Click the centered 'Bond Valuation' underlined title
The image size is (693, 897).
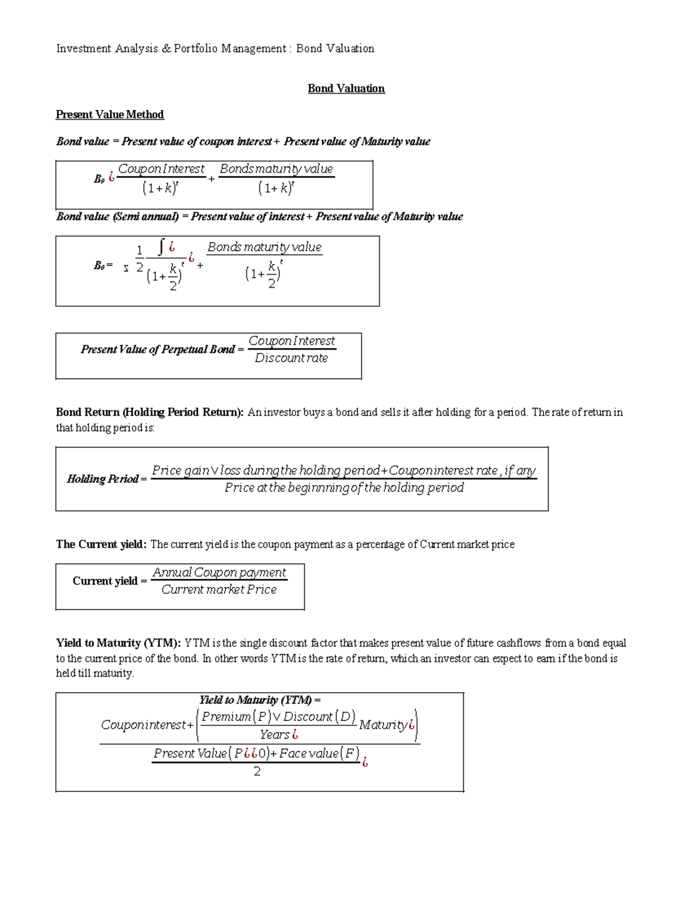pos(346,88)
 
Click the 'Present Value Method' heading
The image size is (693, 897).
pos(110,114)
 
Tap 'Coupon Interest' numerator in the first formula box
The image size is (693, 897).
pos(161,169)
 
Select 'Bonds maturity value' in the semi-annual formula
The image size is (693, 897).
pos(264,247)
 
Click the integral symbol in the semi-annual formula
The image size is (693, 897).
pos(162,247)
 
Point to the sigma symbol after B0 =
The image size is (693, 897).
pos(126,269)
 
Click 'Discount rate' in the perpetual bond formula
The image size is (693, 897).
pos(291,358)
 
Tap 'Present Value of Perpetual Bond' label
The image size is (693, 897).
pos(158,349)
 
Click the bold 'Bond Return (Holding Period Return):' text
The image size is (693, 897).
pos(150,412)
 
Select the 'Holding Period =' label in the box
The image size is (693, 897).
pos(106,479)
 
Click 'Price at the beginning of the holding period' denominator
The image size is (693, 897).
pos(344,487)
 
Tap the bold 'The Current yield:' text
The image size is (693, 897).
pos(101,544)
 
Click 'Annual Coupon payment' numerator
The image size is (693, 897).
pos(219,572)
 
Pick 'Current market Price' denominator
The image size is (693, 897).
pos(219,590)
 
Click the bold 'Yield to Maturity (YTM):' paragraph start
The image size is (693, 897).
pos(118,643)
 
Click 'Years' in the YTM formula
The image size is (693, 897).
pos(274,735)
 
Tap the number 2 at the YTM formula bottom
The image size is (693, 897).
pos(257,772)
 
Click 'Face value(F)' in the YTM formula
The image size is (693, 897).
pos(319,753)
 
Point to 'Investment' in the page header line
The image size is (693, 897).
pos(84,49)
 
